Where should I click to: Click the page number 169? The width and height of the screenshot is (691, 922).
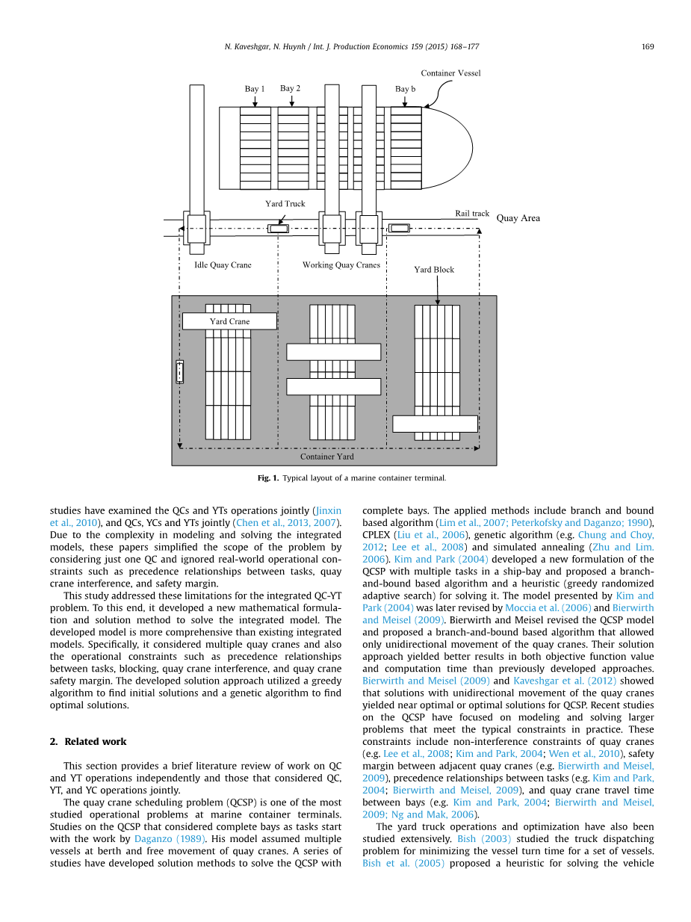(648, 47)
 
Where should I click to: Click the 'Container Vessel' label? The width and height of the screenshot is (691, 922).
(450, 73)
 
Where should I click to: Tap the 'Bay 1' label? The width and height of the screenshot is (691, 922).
(255, 89)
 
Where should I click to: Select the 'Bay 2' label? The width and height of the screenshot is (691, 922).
(290, 88)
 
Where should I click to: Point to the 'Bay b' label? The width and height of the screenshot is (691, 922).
(405, 89)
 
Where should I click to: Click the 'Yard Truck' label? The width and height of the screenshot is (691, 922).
(285, 203)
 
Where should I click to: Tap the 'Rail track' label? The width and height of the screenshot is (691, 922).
(472, 214)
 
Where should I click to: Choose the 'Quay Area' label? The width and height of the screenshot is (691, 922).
(518, 218)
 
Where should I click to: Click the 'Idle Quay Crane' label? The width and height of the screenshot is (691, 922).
(223, 265)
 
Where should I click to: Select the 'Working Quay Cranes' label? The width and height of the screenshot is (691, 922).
(341, 264)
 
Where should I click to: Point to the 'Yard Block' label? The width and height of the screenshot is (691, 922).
(434, 270)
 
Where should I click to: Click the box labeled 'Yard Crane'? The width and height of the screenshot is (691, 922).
(229, 321)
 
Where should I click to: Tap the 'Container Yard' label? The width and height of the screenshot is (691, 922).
(327, 456)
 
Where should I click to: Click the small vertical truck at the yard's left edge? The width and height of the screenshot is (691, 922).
(179, 371)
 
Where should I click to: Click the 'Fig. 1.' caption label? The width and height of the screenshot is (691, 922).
(268, 477)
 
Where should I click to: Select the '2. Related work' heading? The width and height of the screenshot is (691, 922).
(88, 741)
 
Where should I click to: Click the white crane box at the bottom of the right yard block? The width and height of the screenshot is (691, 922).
(435, 424)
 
